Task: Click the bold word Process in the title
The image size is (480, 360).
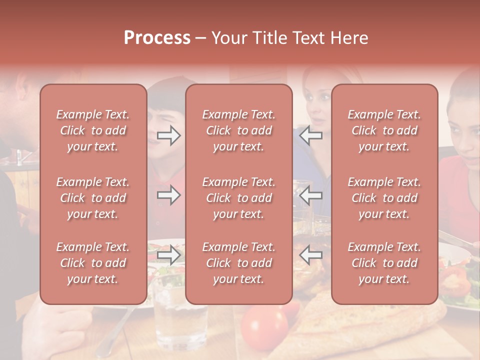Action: click(157, 37)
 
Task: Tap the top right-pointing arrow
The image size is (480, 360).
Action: click(169, 135)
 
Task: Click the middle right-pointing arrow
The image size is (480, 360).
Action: click(169, 195)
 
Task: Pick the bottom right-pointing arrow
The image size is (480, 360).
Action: click(169, 255)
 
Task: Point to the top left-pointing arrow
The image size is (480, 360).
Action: click(310, 135)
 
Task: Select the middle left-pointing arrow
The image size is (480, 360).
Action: click(310, 195)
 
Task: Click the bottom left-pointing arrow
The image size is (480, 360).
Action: click(310, 255)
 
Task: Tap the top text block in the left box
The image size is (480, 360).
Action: click(93, 130)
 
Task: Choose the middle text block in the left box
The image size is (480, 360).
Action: click(93, 198)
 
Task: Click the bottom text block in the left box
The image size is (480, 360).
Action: click(93, 263)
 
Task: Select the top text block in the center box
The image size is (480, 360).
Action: click(238, 130)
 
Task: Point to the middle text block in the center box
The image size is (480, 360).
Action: click(238, 198)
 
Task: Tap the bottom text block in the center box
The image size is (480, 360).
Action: click(238, 263)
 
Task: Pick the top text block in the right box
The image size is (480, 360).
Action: click(384, 130)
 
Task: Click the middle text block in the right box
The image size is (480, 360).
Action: click(384, 198)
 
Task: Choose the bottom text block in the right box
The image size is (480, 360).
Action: click(384, 263)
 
